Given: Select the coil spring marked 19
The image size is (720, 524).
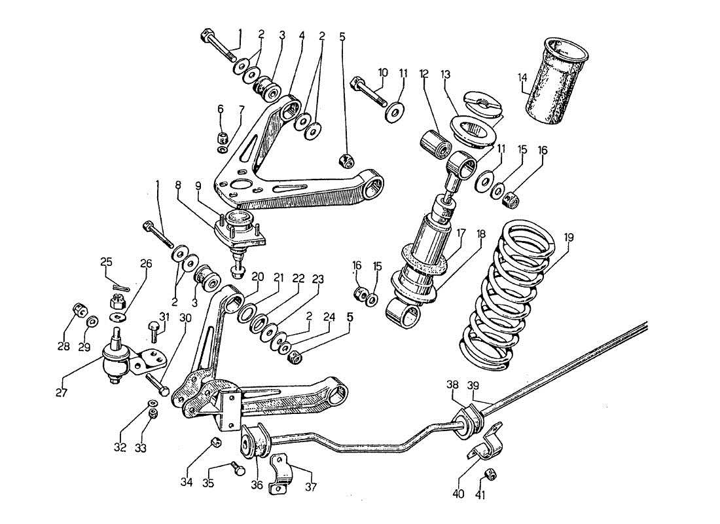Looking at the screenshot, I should click(511, 295).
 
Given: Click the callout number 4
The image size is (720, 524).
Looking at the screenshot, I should click(301, 37).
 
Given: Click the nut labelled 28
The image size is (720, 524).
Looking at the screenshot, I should click(79, 310).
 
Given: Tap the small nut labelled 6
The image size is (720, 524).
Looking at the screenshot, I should click(222, 138).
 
